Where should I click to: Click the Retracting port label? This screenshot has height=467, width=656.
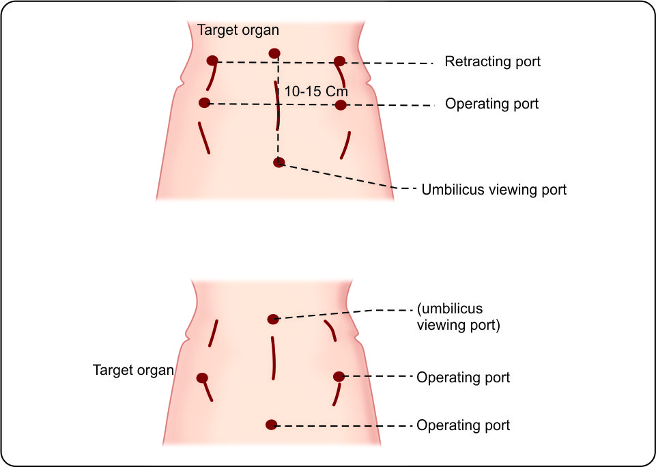[x=492, y=61]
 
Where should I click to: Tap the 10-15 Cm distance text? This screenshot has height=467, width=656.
[x=316, y=91]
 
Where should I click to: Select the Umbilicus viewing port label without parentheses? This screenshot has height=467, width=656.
[x=494, y=189]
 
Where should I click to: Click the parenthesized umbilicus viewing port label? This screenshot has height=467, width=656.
[x=458, y=317]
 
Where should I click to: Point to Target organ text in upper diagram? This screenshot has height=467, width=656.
[x=238, y=31]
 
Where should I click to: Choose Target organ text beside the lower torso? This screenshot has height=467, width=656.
[x=132, y=370]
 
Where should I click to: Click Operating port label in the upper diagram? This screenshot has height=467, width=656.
[x=491, y=104]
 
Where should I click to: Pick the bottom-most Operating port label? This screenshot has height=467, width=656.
[x=463, y=425]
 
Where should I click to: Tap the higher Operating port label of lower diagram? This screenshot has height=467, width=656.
[x=463, y=378]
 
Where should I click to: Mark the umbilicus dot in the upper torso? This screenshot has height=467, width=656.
[x=278, y=162]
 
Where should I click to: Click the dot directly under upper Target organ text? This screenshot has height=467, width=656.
[x=274, y=53]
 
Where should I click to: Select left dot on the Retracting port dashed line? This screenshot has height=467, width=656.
[x=212, y=61]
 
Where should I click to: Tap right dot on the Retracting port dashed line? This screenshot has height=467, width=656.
[x=339, y=61]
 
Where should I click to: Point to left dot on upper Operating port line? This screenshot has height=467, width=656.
[x=203, y=102]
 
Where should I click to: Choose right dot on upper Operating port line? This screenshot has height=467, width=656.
[x=341, y=105]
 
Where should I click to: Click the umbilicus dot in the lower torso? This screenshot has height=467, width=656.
[x=273, y=319]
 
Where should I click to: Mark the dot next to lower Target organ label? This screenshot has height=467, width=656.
[x=201, y=378]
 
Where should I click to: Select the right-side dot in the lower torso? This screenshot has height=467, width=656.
[x=339, y=376]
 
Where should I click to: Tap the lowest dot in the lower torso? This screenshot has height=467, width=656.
[x=271, y=425]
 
